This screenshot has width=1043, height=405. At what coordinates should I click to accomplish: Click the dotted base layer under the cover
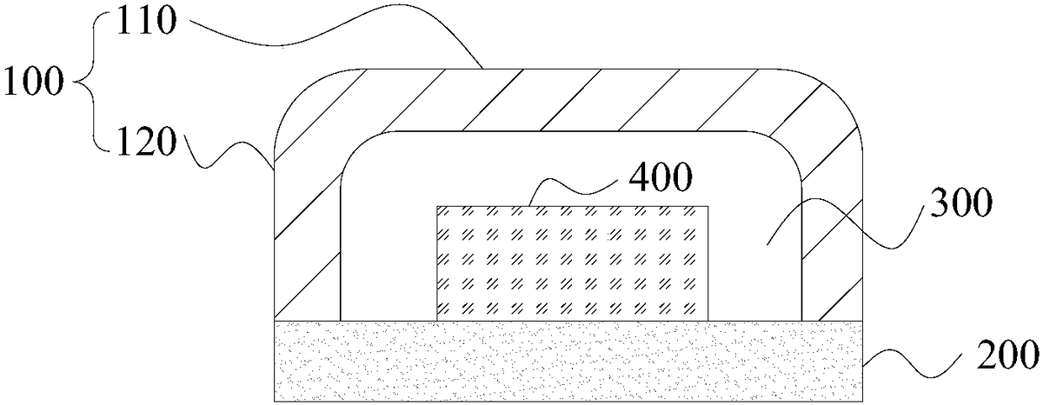click(569, 361)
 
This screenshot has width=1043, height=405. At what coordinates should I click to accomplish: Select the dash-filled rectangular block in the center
click(572, 262)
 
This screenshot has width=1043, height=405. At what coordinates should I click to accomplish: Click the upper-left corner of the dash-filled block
click(438, 207)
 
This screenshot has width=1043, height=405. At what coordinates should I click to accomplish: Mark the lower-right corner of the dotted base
click(863, 402)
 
